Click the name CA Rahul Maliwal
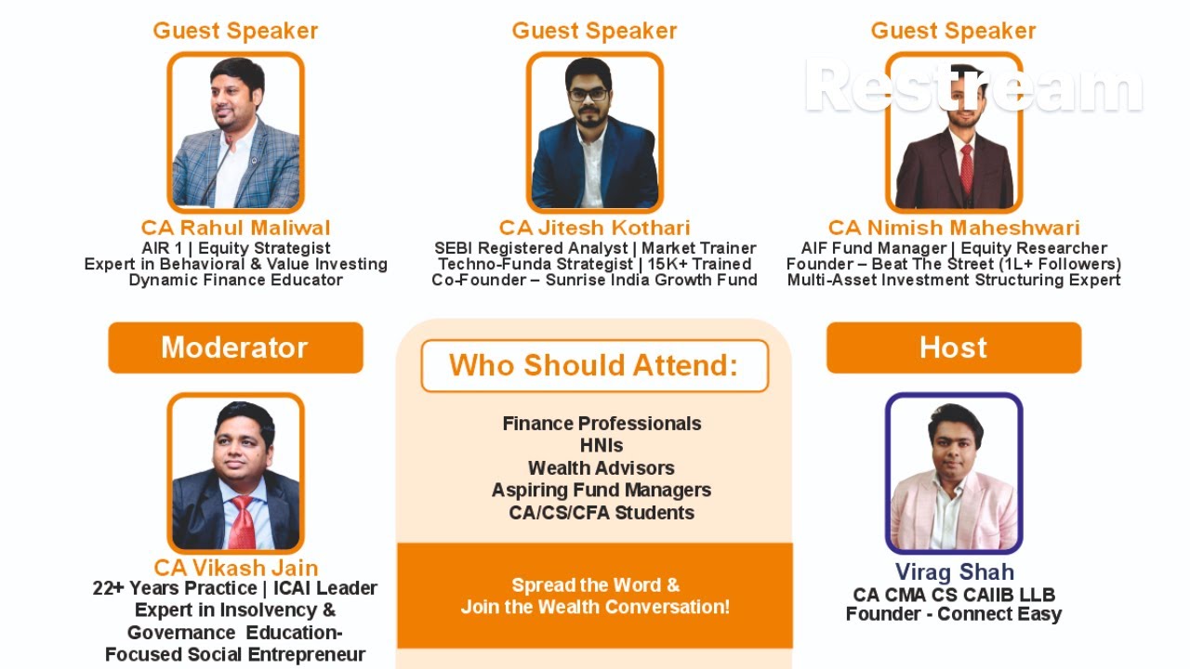point(235,228)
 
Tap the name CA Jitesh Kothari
point(594,228)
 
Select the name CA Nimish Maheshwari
point(954,228)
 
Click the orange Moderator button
point(235,348)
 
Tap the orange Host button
point(954,348)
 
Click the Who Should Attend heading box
point(594,365)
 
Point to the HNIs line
point(602,445)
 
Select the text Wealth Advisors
point(602,467)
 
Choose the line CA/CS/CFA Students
point(602,512)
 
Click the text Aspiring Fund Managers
point(602,490)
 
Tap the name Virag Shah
point(954,571)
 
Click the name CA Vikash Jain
point(235,567)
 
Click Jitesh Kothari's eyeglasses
point(588,94)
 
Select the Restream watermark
point(972,86)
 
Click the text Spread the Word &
point(595,585)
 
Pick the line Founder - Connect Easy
point(954,613)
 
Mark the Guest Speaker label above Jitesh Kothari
point(594,31)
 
